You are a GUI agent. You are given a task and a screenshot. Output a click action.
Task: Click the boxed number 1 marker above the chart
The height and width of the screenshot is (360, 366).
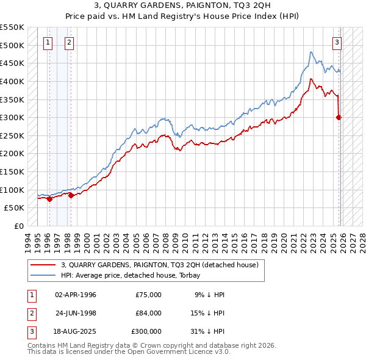(x=48, y=42)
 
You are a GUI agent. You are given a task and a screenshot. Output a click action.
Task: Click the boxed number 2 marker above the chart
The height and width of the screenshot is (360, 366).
(x=69, y=42)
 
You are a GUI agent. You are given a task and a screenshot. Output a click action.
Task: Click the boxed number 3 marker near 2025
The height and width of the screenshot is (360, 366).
(x=337, y=42)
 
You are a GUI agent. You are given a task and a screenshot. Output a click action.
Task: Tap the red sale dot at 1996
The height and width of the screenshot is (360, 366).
(x=49, y=198)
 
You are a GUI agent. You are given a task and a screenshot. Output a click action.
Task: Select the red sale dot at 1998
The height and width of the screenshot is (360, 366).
(x=71, y=195)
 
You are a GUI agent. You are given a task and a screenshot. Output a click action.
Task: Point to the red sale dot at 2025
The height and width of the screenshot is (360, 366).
(x=339, y=117)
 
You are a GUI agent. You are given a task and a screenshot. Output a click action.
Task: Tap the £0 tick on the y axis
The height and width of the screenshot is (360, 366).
(x=18, y=226)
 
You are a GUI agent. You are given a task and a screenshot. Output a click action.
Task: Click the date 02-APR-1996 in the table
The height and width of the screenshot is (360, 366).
(x=76, y=295)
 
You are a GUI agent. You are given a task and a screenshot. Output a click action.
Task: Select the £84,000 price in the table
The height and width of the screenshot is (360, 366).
(x=148, y=313)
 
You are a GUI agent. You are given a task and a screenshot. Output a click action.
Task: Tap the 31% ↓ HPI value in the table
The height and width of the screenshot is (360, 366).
(x=210, y=331)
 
